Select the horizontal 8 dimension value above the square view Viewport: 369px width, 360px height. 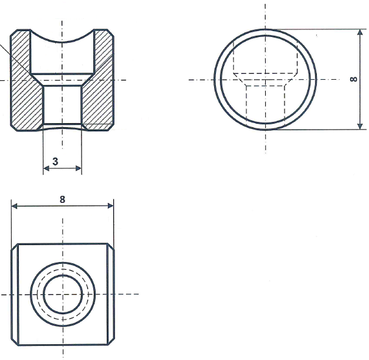(x=62, y=199)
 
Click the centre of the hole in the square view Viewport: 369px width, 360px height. (x=62, y=294)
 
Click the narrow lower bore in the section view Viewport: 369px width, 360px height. (x=62, y=106)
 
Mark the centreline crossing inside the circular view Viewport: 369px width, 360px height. (x=265, y=79)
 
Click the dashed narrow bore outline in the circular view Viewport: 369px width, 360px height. (x=247, y=103)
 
